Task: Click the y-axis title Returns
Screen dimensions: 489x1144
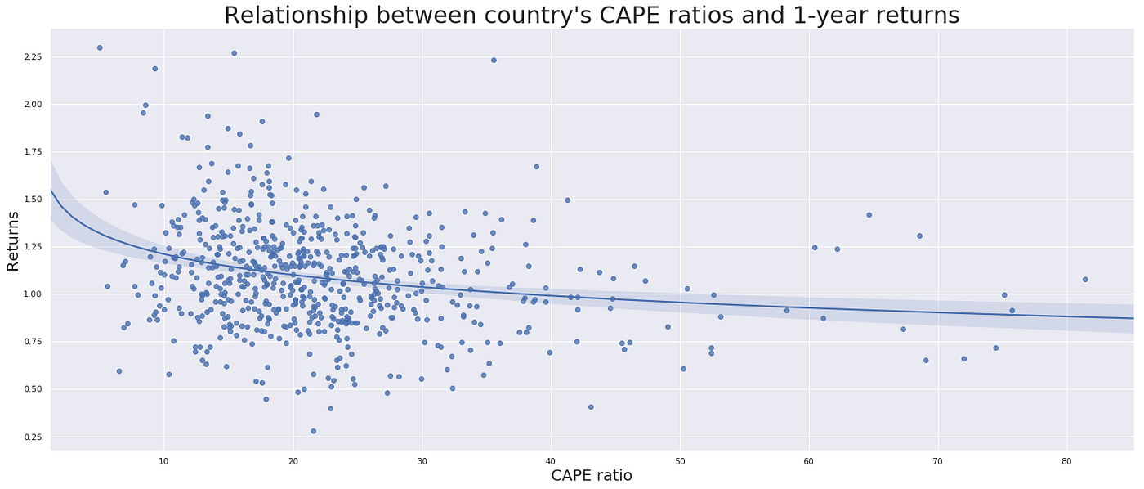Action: tap(13, 240)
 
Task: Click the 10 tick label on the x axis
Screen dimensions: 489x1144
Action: tap(163, 459)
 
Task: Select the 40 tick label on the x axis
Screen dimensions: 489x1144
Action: tap(551, 459)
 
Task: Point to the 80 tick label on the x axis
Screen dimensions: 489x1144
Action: tap(1067, 459)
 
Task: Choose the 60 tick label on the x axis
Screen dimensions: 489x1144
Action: tap(809, 459)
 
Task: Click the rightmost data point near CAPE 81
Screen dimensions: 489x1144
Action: tap(1085, 280)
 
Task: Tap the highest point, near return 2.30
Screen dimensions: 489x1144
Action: tap(100, 47)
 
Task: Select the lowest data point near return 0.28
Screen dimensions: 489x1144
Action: tap(313, 431)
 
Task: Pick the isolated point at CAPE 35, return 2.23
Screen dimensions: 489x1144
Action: tap(494, 60)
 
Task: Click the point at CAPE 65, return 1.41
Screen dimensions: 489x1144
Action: tap(869, 215)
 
